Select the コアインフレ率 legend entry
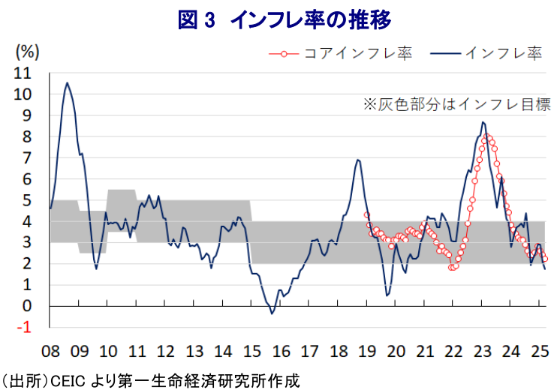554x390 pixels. [346, 53]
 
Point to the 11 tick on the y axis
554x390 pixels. [24, 74]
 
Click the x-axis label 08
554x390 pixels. [50, 351]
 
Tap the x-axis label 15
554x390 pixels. [251, 351]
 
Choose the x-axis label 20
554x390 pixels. [396, 351]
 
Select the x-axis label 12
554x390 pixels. [165, 351]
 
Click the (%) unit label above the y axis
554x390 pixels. [27, 52]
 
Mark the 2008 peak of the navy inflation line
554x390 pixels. [67, 83]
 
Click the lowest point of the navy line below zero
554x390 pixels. [272, 313]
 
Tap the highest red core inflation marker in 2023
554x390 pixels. [487, 136]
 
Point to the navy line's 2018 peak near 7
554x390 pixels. [358, 160]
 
